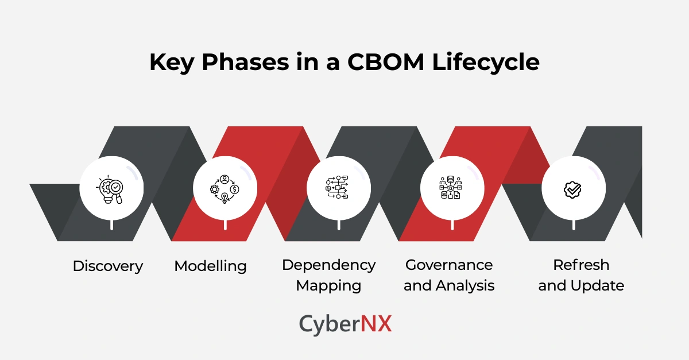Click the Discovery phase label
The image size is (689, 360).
click(108, 266)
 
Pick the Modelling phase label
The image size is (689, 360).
click(210, 266)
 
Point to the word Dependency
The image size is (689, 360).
click(328, 265)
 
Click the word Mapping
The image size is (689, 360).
click(328, 285)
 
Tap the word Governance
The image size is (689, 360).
click(449, 265)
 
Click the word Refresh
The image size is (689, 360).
click(581, 265)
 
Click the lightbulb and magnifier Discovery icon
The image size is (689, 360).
click(111, 188)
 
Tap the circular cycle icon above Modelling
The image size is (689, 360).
click(224, 188)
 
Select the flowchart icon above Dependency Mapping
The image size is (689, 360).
click(338, 188)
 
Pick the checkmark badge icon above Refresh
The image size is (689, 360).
click(572, 188)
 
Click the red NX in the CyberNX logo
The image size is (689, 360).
click(376, 324)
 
